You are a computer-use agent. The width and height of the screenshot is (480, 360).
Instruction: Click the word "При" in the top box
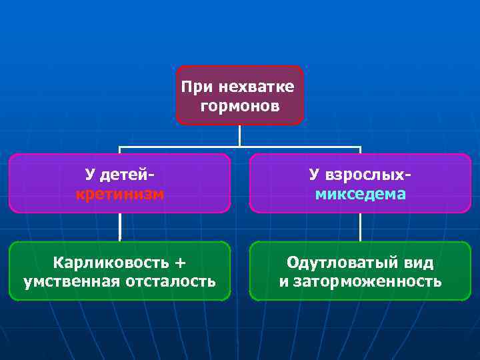click(195, 87)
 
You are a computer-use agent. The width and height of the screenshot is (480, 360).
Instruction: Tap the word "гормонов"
click(240, 106)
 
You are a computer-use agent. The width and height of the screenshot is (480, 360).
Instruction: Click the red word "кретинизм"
click(120, 194)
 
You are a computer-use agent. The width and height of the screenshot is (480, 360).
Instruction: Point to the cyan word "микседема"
click(360, 194)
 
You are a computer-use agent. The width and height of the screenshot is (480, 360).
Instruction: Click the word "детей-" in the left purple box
click(129, 175)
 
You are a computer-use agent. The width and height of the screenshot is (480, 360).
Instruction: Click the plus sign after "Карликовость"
click(179, 261)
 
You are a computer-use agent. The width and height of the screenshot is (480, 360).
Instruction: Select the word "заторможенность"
click(367, 281)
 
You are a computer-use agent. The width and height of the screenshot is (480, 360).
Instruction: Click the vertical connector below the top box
click(240, 135)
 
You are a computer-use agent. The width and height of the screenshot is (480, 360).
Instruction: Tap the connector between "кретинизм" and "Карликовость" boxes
click(120, 227)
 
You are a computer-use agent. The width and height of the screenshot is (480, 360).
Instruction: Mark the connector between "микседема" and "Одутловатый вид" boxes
click(360, 227)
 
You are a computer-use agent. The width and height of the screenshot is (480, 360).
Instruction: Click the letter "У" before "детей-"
click(90, 175)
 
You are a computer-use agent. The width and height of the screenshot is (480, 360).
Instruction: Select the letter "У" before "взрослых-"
click(314, 175)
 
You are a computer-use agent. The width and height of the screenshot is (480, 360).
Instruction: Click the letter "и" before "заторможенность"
click(283, 281)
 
